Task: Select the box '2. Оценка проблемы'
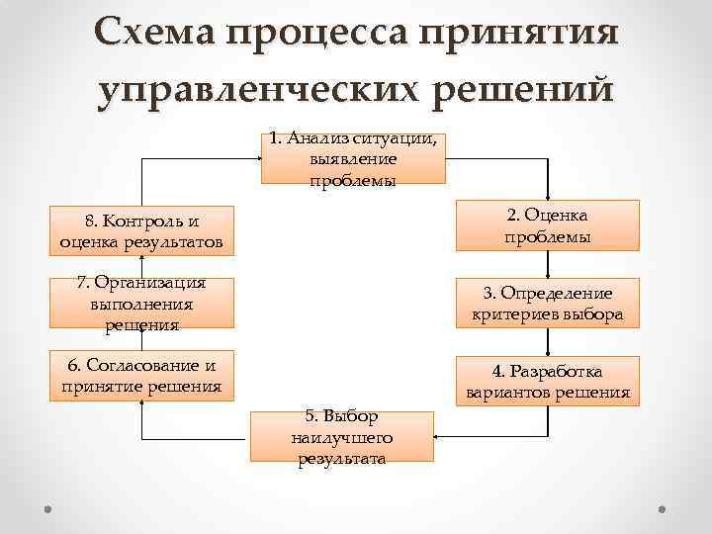click(x=547, y=225)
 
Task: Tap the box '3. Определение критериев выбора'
click(x=547, y=304)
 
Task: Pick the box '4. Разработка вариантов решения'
click(x=547, y=381)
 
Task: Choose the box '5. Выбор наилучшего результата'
click(x=342, y=435)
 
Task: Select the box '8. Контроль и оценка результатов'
click(x=140, y=229)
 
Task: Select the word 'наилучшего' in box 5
click(x=342, y=436)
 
